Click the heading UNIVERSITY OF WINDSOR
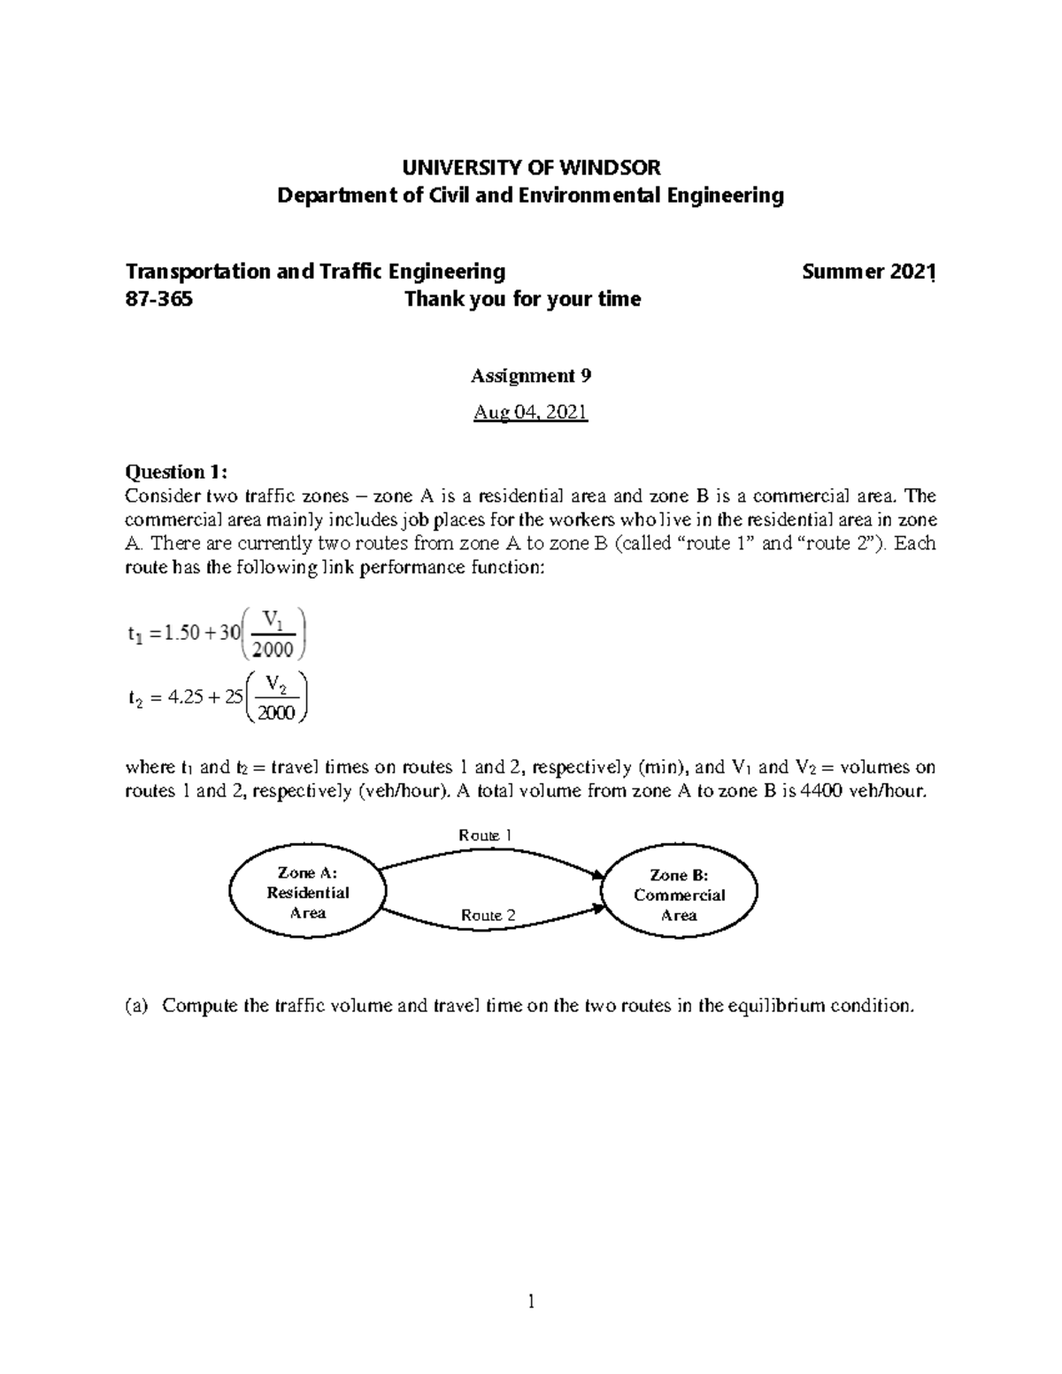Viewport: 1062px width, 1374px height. click(x=531, y=167)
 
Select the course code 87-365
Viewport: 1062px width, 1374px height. click(x=159, y=299)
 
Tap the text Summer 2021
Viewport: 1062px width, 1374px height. click(x=868, y=272)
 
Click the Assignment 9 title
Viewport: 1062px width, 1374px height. click(x=530, y=376)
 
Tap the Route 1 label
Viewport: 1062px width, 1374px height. click(x=485, y=835)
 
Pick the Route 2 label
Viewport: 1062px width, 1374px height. click(x=488, y=915)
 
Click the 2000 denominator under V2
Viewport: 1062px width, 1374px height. click(x=275, y=714)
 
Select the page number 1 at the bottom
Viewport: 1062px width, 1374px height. click(x=531, y=1301)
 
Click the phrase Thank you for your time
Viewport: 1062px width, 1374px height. click(x=522, y=299)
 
